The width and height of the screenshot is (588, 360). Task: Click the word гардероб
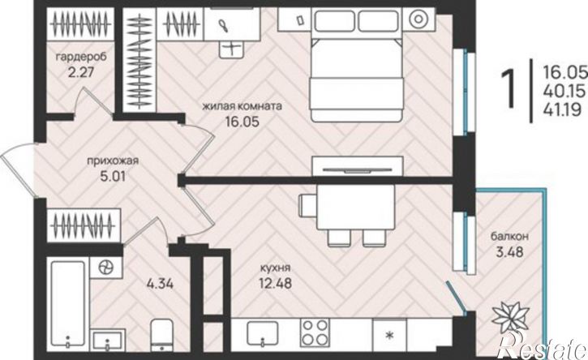click(81, 58)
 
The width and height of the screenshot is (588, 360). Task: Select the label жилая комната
click(242, 106)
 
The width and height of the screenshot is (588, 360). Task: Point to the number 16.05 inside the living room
click(242, 122)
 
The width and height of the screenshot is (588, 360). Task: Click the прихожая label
click(113, 161)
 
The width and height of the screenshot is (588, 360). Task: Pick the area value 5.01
click(113, 176)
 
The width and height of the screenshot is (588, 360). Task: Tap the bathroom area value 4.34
click(160, 284)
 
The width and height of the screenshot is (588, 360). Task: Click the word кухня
click(275, 268)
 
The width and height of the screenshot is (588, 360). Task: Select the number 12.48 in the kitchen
click(275, 283)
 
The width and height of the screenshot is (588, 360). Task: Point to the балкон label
click(509, 236)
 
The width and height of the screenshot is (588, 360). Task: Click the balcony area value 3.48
click(509, 251)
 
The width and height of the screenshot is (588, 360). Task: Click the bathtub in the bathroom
click(68, 303)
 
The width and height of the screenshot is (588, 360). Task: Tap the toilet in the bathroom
click(161, 335)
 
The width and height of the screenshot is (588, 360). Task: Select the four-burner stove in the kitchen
click(314, 332)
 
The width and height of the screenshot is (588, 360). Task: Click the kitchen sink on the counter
click(263, 332)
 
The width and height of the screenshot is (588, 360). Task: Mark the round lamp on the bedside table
click(417, 19)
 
